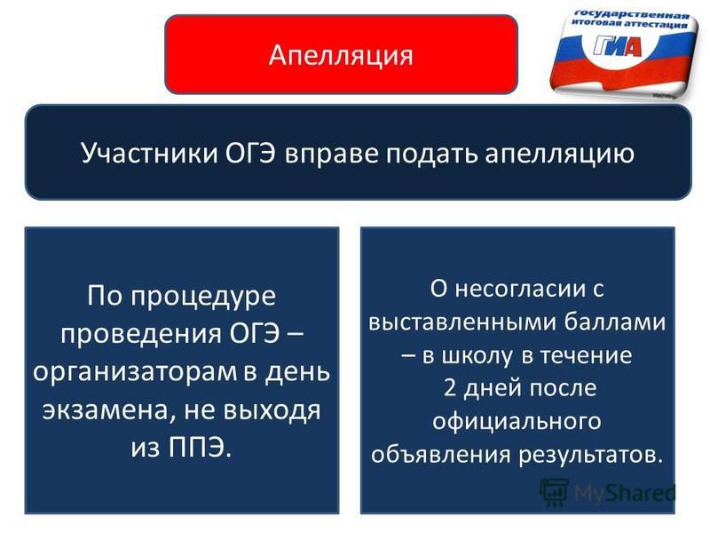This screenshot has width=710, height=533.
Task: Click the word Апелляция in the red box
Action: pos(341,56)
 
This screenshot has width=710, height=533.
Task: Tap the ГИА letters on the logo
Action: pos(619,45)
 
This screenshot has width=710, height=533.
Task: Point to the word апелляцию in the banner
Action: pos(560,154)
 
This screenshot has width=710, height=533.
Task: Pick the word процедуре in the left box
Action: pos(204,298)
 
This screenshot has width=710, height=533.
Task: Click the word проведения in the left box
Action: pos(141,335)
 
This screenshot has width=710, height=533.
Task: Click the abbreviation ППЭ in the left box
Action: pos(199,448)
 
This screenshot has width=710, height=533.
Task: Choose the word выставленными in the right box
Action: pos(462,323)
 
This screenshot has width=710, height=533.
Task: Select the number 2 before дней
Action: pos(450,388)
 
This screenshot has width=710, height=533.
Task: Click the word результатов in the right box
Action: pos(590,455)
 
